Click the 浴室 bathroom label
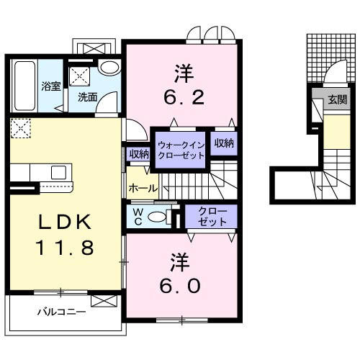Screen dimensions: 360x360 pyautogui.click(x=50, y=86)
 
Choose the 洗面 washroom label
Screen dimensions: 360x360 pyautogui.click(x=88, y=96)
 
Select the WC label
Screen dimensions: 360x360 pyautogui.click(x=137, y=217)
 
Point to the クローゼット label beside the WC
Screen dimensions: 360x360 pyautogui.click(x=212, y=217)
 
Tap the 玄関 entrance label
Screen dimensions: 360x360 pyautogui.click(x=336, y=100)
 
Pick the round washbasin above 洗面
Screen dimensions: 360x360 pyautogui.click(x=109, y=68)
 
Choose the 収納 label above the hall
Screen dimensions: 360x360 pyautogui.click(x=139, y=154)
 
